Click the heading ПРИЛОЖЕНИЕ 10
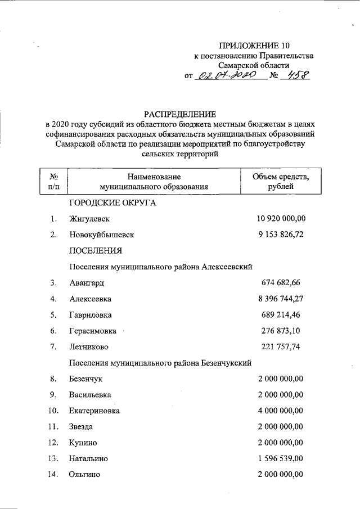(x=256, y=45)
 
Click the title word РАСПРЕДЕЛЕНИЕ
(x=179, y=114)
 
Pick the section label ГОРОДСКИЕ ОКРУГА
(x=112, y=203)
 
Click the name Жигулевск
(x=89, y=219)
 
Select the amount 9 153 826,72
(x=281, y=235)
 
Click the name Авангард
(x=87, y=282)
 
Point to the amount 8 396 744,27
(x=281, y=298)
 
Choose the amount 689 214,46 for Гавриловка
(x=281, y=314)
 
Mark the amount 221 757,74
(x=281, y=346)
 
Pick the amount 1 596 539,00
(x=281, y=458)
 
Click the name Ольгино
(x=85, y=475)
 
